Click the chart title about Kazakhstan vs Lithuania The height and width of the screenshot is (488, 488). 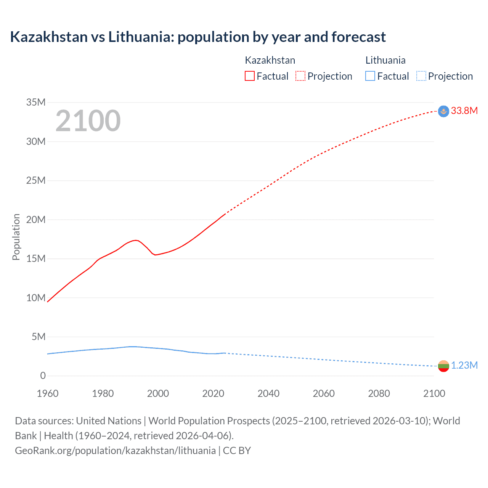point(198,37)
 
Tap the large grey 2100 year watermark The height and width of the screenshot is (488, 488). point(88,121)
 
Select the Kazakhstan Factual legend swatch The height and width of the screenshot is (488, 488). point(249,76)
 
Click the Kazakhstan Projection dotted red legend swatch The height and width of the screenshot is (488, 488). point(300,76)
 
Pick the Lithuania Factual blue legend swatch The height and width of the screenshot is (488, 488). point(370,76)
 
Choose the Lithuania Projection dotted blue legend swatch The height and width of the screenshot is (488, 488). point(421,76)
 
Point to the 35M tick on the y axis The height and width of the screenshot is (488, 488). point(36,102)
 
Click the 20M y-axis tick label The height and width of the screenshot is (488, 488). point(36,220)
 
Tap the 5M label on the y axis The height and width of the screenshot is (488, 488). point(39,337)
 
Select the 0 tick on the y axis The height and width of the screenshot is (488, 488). point(43,376)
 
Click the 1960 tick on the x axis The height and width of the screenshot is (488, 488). point(48,393)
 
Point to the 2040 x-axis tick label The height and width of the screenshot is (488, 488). point(268,393)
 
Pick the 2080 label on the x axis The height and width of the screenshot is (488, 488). point(379,393)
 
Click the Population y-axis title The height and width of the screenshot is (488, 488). point(16,237)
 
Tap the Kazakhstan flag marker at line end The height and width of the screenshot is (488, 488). point(443,111)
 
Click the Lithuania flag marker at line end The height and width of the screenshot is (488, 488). point(443,366)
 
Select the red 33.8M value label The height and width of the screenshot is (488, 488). point(464,111)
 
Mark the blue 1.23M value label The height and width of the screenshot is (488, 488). point(464,366)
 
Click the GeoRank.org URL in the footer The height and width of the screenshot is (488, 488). point(115,451)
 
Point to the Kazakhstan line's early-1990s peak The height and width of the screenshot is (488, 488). point(135,240)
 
